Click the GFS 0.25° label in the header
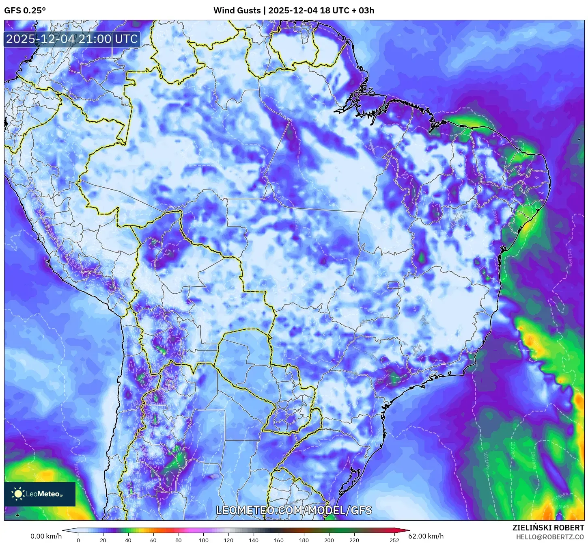click(25, 11)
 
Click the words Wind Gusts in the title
click(237, 11)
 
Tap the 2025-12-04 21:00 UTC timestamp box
click(72, 39)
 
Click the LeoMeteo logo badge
click(40, 494)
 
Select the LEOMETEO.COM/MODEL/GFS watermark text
click(294, 510)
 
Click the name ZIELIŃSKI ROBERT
click(548, 528)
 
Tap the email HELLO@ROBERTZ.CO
click(550, 537)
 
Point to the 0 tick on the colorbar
click(78, 540)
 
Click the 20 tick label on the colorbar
click(103, 540)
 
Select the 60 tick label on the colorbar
click(153, 540)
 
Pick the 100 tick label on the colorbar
click(204, 540)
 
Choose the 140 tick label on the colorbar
click(254, 540)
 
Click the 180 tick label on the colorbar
click(304, 540)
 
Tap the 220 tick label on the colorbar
click(354, 540)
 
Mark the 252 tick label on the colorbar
click(394, 540)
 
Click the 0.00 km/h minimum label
click(46, 536)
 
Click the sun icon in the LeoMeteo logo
click(18, 494)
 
